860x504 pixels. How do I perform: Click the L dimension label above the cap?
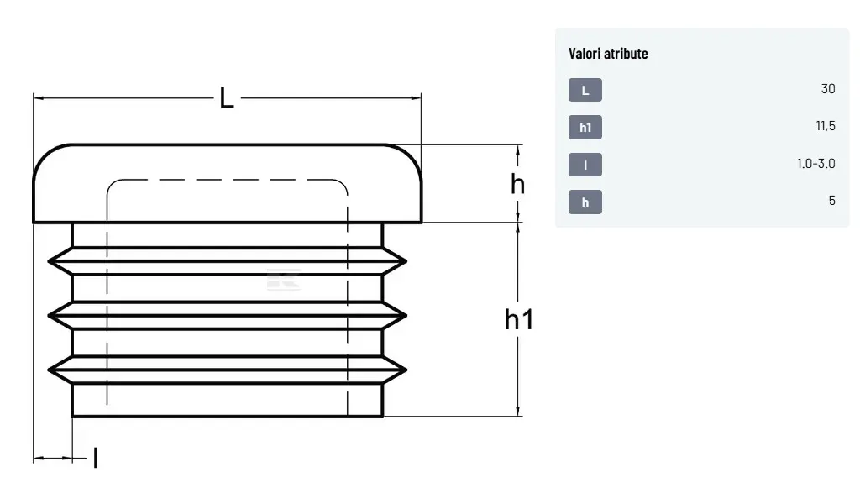pos(227,98)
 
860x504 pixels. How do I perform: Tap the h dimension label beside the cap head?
pos(517,184)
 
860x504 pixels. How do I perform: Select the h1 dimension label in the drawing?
pos(519,319)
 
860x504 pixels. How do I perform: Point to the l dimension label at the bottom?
pos(96,458)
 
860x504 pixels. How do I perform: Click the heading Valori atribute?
pos(608,53)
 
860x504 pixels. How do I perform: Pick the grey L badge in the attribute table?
pos(585,90)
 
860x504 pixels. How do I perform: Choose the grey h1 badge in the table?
pos(585,127)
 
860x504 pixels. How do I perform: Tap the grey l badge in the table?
pos(585,165)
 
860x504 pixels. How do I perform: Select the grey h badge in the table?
pos(585,202)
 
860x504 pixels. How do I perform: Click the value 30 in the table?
pos(828,89)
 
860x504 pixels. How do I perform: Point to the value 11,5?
pos(826,126)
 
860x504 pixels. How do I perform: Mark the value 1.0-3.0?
pos(816,164)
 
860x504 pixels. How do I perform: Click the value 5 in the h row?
pos(832,201)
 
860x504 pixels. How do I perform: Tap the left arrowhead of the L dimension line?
pos(38,98)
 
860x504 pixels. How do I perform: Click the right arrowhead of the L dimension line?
pos(417,98)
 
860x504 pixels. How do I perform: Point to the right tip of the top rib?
pos(406,261)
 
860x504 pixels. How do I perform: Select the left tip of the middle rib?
pos(49,315)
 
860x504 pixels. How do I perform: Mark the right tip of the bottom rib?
pos(406,370)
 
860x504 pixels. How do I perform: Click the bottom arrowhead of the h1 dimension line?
pos(517,412)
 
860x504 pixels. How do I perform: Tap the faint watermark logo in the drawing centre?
pos(283,280)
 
